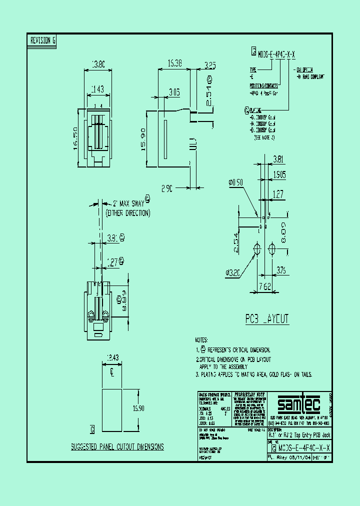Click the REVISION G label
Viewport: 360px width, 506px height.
pos(42,41)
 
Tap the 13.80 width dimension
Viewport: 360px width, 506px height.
pos(97,64)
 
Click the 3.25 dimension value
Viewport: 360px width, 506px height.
pos(210,65)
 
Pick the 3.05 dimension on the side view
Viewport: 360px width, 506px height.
pos(174,92)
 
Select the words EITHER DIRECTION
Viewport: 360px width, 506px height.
pos(127,213)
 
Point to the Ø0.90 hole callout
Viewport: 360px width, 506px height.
pos(235,183)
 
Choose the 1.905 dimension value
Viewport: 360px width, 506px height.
pos(280,174)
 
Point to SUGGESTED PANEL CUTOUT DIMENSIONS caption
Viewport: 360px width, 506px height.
pos(117,446)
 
